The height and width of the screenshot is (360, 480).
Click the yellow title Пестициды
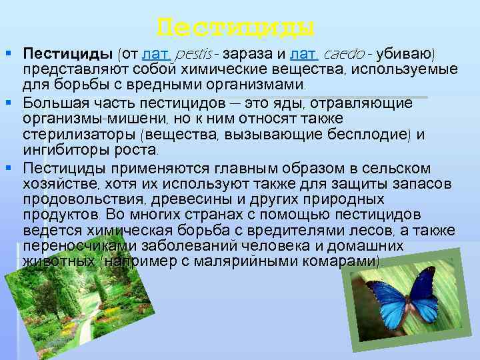235,28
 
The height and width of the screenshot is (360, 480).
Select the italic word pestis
196,53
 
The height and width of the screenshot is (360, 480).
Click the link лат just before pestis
155,53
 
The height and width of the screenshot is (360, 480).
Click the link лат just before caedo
303,53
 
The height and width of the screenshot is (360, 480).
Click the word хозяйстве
59,183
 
